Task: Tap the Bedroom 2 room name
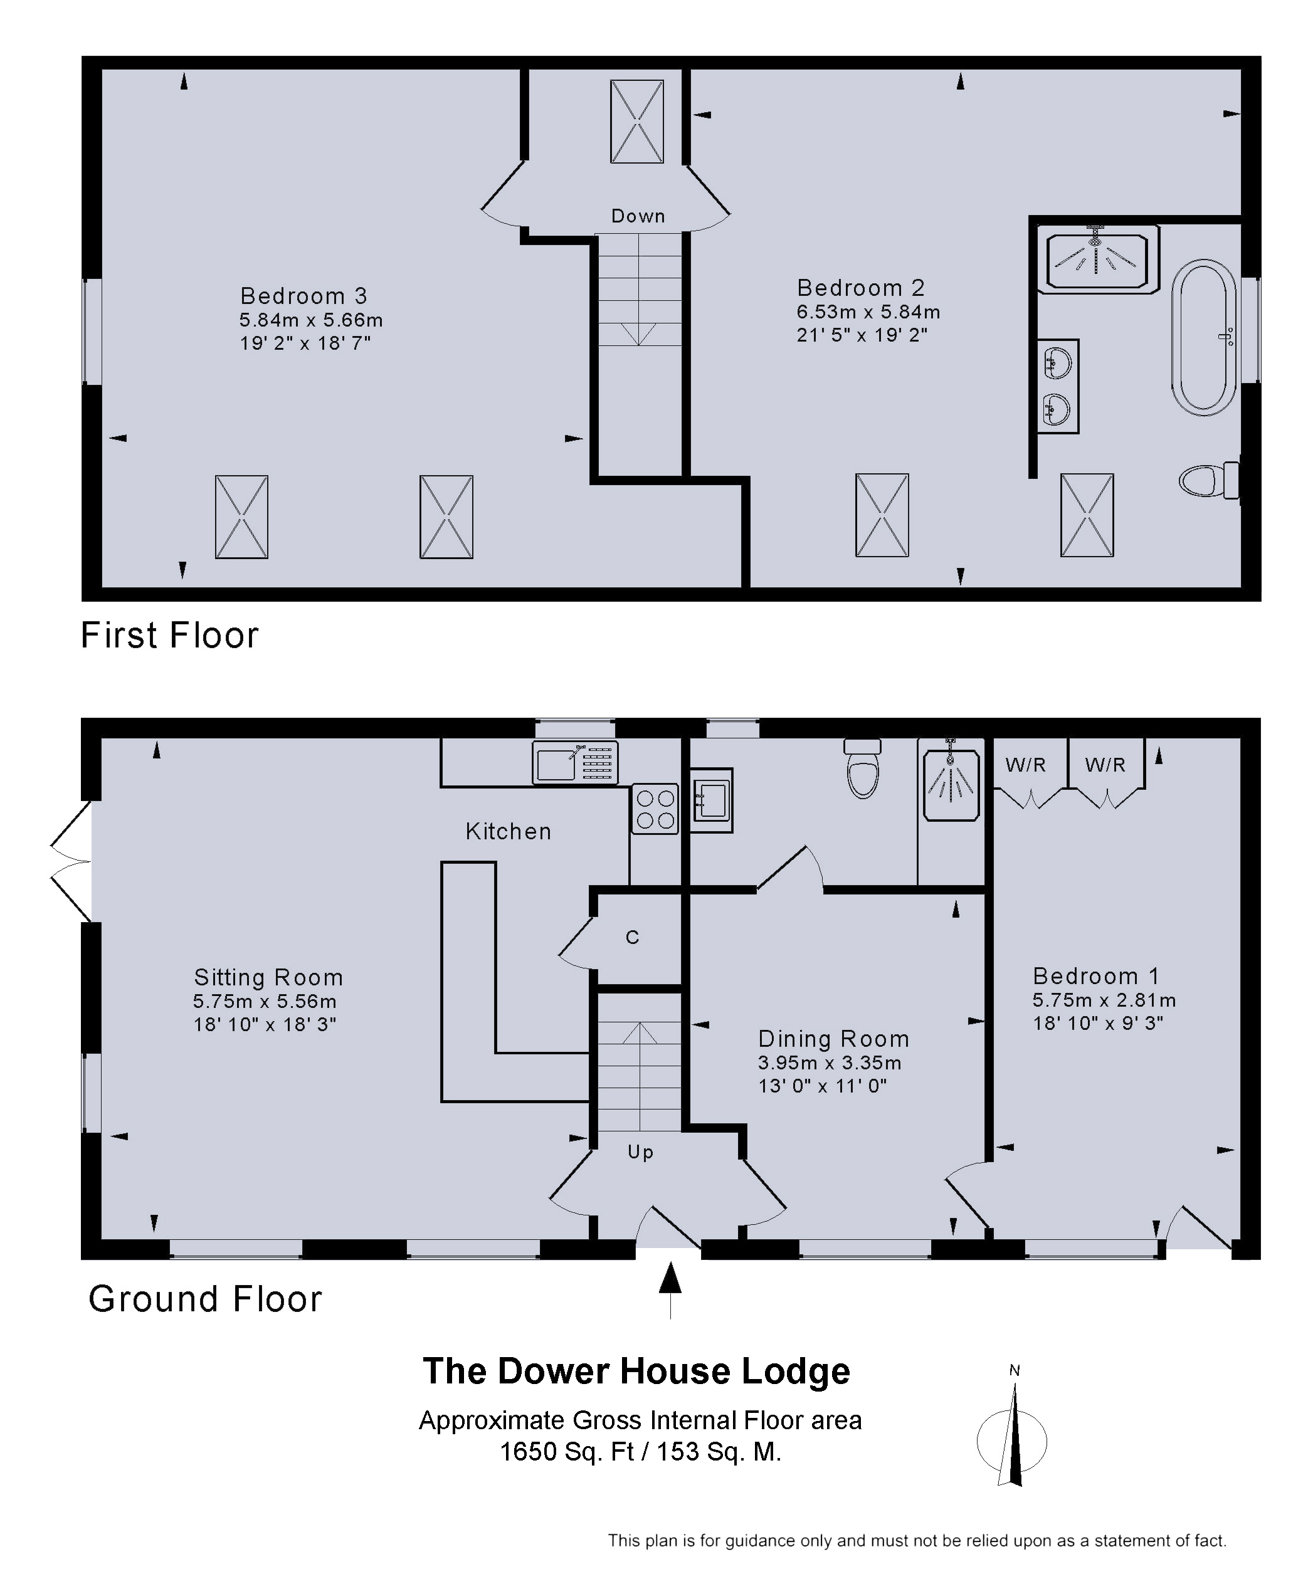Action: tap(860, 287)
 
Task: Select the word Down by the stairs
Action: tap(638, 216)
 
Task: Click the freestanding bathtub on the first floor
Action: tap(1203, 338)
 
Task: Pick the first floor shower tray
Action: tap(1097, 260)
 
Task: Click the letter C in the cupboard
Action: tap(633, 937)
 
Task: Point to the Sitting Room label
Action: tap(268, 977)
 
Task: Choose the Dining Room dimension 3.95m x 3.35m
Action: tap(830, 1062)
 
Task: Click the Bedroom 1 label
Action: tap(1096, 976)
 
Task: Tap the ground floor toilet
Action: tap(863, 768)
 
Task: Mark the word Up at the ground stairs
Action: tap(640, 1152)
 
